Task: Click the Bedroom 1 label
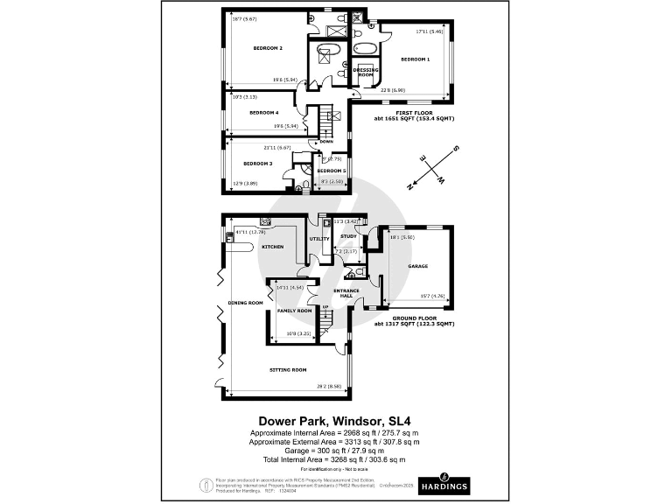click(416, 59)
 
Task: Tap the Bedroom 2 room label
click(268, 48)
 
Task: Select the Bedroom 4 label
click(263, 113)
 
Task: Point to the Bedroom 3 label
click(258, 164)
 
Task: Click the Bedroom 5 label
click(332, 171)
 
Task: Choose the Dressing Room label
click(364, 72)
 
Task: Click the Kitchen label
click(273, 248)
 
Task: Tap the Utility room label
click(319, 239)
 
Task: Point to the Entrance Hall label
click(351, 296)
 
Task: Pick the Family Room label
click(294, 311)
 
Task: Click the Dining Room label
click(246, 303)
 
